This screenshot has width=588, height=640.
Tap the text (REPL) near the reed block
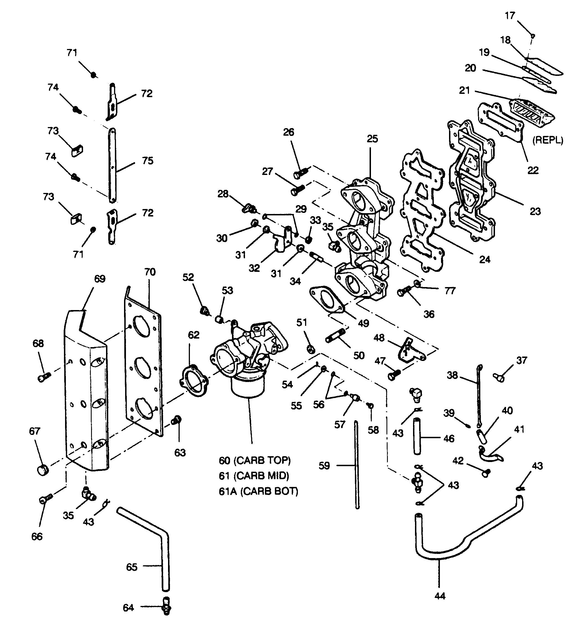pos(548,140)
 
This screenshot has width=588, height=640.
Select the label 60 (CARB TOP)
pos(255,460)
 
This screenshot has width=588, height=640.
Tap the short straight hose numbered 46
pos(417,437)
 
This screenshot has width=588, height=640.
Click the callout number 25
pos(372,139)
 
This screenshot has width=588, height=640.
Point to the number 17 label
pos(510,16)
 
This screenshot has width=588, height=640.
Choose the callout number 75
pos(148,161)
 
